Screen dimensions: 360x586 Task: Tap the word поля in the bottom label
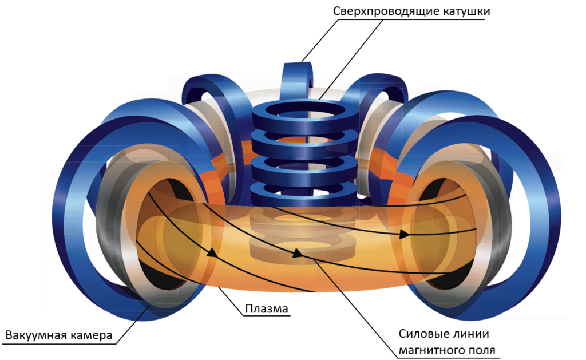(x=482, y=350)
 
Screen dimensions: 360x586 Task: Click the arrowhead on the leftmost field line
(x=213, y=252)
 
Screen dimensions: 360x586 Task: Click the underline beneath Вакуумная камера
(x=57, y=343)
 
